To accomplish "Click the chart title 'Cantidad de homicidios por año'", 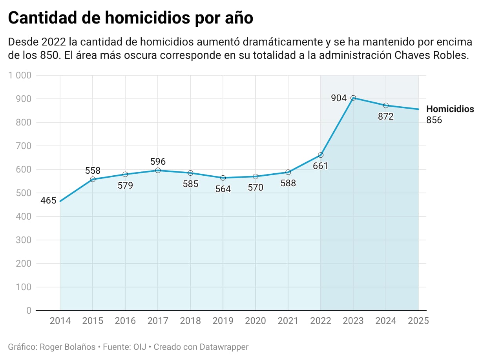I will coord(130,18).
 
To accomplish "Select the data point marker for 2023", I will coord(353,98).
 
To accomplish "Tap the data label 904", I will coord(339,98).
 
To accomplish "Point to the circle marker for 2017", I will coord(158,170).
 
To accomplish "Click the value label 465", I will coord(48,201).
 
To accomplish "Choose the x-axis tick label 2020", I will coord(256,321).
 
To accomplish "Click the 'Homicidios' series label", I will coord(450,109).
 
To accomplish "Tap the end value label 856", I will coord(434,120).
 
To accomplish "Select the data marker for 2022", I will coord(321,155).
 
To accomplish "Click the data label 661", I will coord(320,166).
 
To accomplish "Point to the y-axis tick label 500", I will coord(24,193).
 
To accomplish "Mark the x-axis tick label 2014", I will coord(60,321).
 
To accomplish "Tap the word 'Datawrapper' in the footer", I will coord(224,347).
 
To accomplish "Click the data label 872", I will coord(385,116).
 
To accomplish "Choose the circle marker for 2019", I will coord(223,178).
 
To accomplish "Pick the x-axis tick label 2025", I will coord(418,321).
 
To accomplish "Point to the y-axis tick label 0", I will coord(29,311).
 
